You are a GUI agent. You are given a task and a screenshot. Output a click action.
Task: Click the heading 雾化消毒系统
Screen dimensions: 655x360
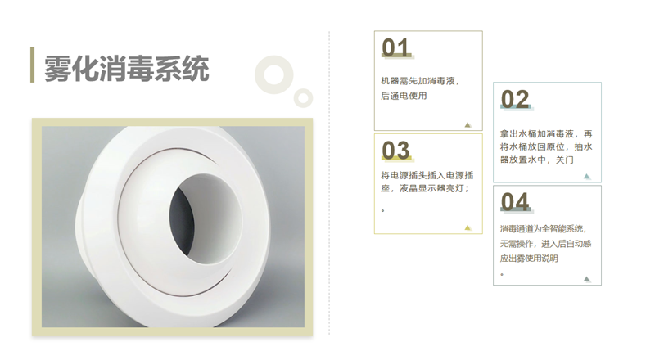126,68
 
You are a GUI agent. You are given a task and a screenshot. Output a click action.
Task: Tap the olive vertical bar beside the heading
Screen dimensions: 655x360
32,65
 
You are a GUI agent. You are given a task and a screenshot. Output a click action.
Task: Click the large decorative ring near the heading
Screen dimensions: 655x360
260,75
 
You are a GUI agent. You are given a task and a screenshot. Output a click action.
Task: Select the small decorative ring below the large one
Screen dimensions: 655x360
297,98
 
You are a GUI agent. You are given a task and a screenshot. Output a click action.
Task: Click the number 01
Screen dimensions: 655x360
395,47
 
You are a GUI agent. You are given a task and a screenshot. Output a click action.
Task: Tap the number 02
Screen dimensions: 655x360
515,99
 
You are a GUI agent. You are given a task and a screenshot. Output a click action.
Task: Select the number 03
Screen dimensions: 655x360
395,151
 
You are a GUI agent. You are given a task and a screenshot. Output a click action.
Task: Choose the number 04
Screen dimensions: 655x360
515,202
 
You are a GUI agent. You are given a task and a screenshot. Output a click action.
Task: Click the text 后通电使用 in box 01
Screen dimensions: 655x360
404,96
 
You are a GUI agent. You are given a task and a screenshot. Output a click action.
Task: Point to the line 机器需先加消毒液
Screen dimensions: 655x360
420,81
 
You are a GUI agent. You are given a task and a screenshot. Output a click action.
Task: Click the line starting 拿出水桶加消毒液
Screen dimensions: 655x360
546,134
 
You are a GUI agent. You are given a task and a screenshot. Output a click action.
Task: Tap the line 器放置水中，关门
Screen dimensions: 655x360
537,160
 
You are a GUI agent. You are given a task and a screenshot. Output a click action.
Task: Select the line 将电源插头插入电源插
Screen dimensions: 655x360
427,175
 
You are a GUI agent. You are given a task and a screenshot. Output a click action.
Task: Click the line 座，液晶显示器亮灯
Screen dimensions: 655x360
425,188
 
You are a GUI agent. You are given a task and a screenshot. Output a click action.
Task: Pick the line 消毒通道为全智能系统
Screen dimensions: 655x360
544,229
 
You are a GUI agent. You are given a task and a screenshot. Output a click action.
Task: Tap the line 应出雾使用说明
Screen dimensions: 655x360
529,259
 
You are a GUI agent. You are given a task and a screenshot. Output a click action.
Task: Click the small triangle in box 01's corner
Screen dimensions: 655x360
468,125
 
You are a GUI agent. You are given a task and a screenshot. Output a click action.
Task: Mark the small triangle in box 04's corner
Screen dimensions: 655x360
587,279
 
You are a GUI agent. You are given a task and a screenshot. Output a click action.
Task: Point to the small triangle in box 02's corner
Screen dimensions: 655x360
587,176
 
